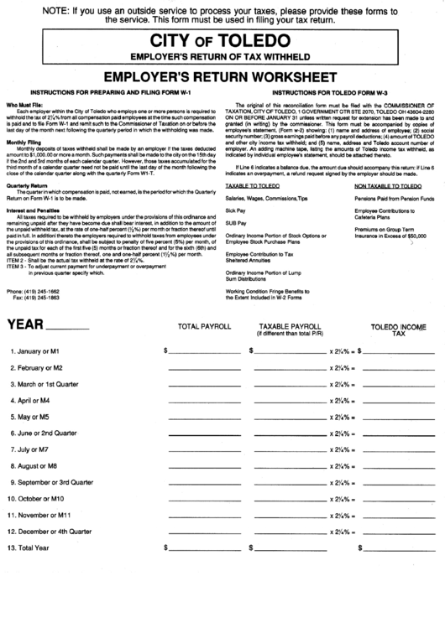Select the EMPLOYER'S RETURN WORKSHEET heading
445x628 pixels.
[x=222, y=75]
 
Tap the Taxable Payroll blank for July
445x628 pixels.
[x=291, y=450]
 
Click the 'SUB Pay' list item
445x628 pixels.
[x=235, y=200]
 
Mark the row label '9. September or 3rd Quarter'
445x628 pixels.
[x=50, y=483]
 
